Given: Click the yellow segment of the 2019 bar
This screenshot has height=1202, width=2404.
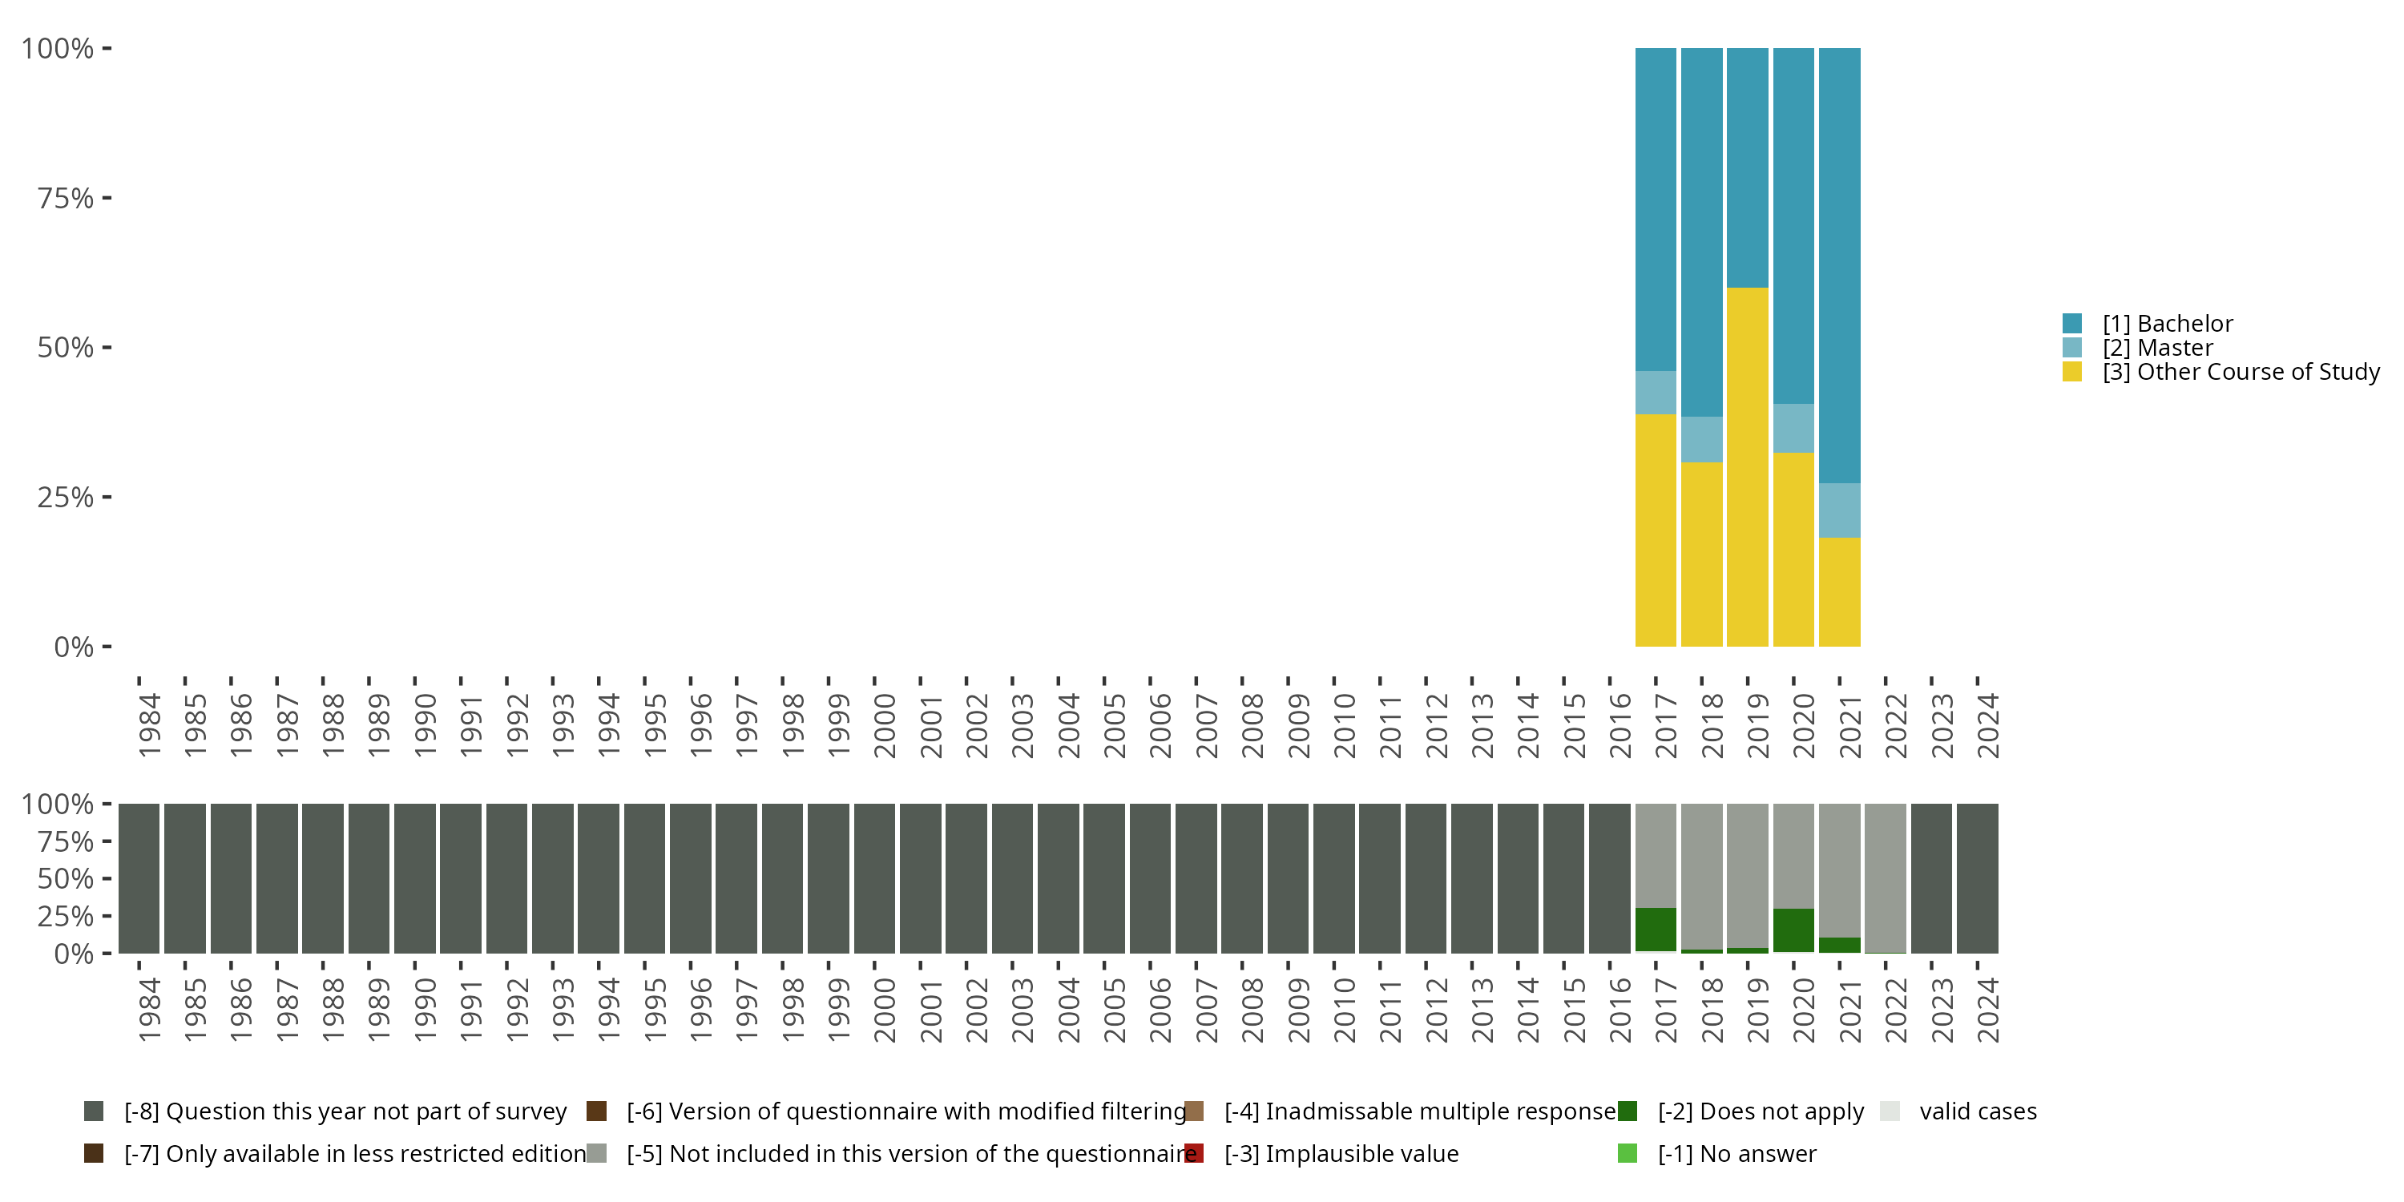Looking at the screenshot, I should click(1747, 466).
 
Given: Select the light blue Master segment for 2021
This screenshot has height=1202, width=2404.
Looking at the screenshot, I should click(1839, 510).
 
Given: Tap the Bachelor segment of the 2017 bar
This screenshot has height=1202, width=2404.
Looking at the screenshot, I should click(1656, 209).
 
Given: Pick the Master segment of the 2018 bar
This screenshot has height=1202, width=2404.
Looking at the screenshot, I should click(1701, 440).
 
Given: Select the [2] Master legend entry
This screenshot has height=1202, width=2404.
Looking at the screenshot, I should click(2156, 348).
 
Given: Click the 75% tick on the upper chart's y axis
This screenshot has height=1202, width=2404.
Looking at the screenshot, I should click(66, 198).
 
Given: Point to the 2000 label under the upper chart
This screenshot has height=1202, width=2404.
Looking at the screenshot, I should click(885, 725).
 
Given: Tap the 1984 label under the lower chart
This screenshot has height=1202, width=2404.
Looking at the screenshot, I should click(149, 1010).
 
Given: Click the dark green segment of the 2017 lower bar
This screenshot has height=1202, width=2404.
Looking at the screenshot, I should click(1656, 930).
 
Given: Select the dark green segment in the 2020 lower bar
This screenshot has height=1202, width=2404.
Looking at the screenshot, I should click(1793, 930).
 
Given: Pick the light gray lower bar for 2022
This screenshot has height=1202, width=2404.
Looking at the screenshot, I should click(1885, 877).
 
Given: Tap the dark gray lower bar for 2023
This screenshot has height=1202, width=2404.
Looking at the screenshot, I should click(1931, 877).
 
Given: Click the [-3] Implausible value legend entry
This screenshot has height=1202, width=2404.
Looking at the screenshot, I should click(1341, 1155).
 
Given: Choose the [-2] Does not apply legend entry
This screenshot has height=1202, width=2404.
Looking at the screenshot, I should click(1760, 1111).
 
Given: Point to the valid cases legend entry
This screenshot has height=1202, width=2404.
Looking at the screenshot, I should click(1977, 1111).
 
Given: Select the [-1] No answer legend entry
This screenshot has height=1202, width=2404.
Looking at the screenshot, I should click(1736, 1155).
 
